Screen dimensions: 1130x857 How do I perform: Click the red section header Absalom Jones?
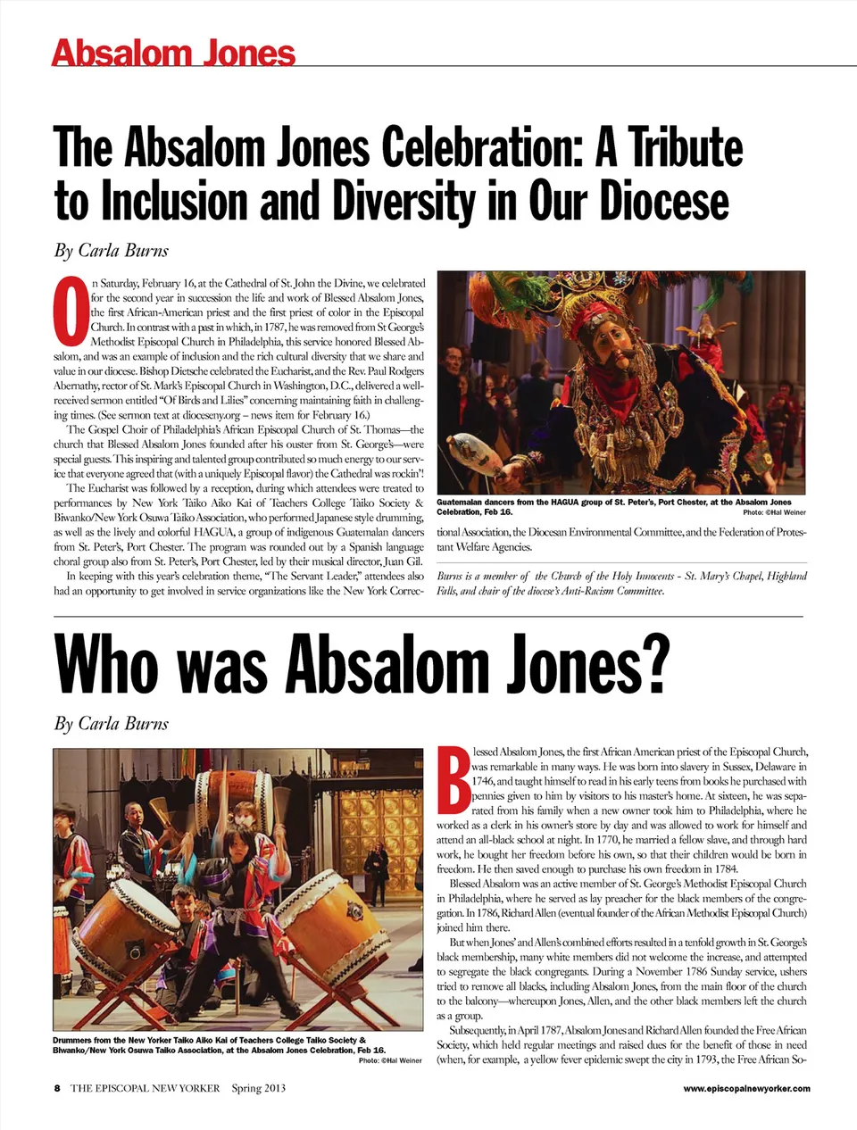[x=173, y=53]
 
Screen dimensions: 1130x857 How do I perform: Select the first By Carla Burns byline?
[x=112, y=250]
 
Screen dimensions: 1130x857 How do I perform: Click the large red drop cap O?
[x=71, y=312]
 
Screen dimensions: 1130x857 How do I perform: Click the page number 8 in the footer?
[x=57, y=1088]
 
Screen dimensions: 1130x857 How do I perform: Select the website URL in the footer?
[x=746, y=1088]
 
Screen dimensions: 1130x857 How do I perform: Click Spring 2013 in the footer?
[x=259, y=1088]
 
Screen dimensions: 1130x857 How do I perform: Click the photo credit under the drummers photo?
[x=390, y=1060]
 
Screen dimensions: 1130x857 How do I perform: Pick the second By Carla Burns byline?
[x=112, y=723]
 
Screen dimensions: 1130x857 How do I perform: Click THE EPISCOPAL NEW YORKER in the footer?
[x=146, y=1088]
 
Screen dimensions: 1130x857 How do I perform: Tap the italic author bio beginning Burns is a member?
[x=621, y=583]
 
